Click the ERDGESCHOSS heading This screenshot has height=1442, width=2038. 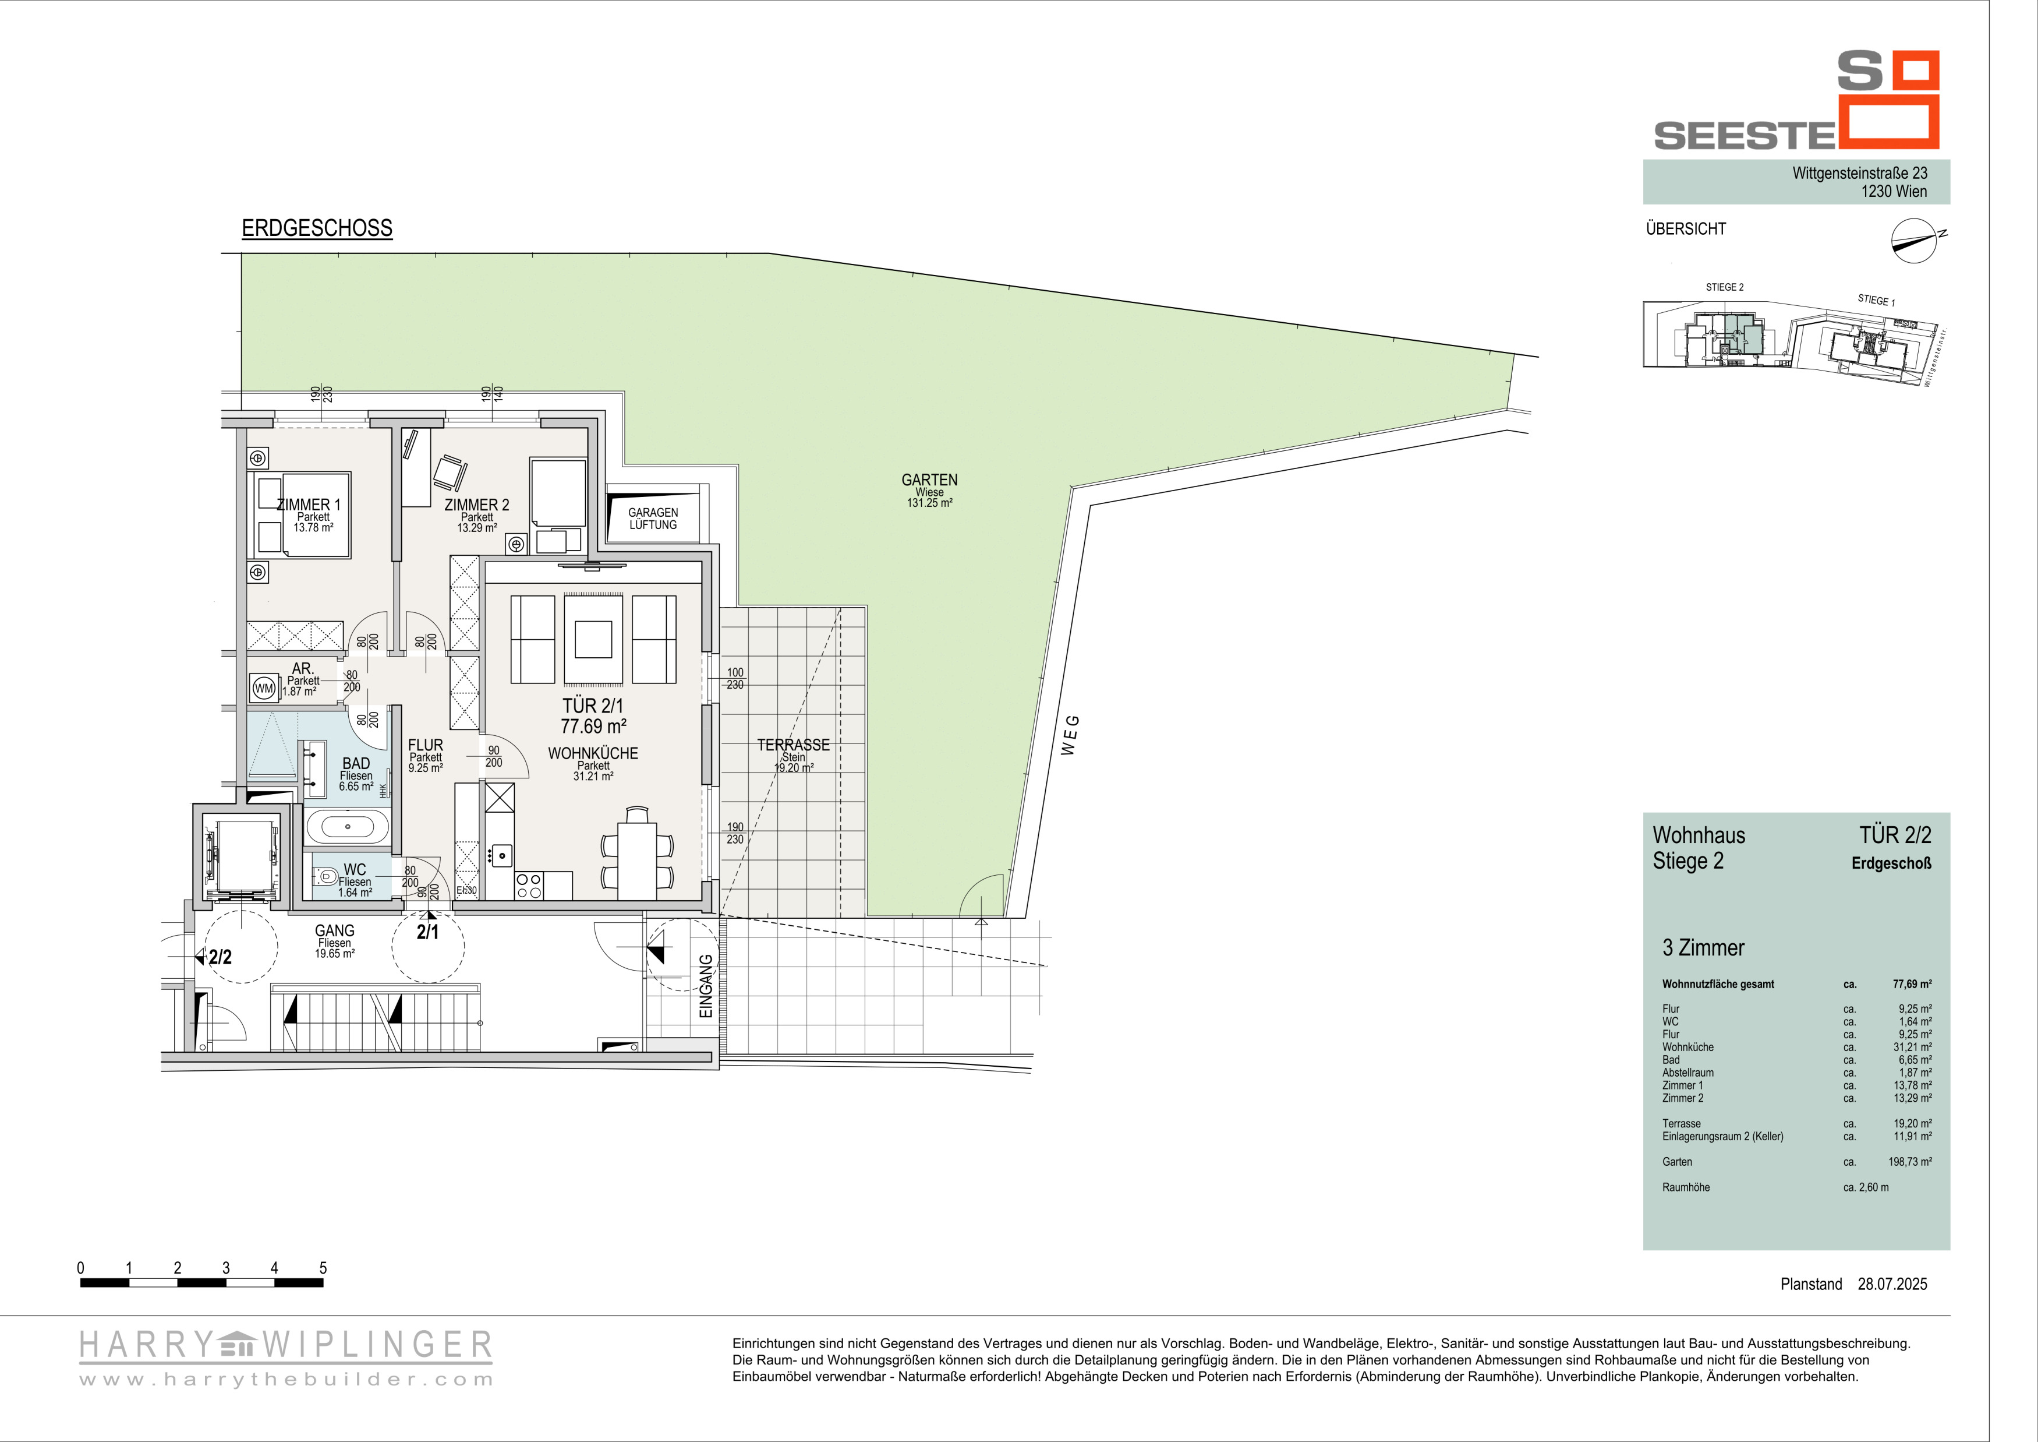click(x=317, y=228)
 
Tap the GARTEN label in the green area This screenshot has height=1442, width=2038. click(x=929, y=480)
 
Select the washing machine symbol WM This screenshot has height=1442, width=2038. click(x=264, y=687)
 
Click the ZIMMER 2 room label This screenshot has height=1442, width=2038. click(x=477, y=505)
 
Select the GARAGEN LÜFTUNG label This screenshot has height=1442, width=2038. click(x=653, y=519)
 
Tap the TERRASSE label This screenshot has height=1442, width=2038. click(x=794, y=745)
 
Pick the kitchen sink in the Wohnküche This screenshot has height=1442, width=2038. click(x=501, y=856)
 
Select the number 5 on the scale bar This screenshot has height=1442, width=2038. click(x=323, y=1268)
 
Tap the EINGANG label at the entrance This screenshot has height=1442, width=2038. click(x=706, y=986)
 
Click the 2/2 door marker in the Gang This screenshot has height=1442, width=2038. click(x=220, y=956)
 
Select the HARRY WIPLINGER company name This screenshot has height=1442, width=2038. click(x=286, y=1345)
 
